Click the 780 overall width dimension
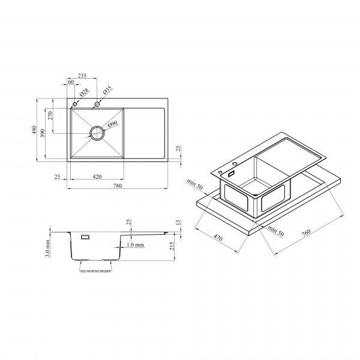(118, 185)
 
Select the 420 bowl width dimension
(97, 176)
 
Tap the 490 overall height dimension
(34, 130)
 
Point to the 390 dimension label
(43, 133)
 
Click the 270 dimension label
(50, 115)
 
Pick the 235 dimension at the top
(82, 76)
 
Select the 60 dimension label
(71, 82)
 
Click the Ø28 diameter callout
(84, 92)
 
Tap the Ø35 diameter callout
(107, 90)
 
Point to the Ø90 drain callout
(113, 124)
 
